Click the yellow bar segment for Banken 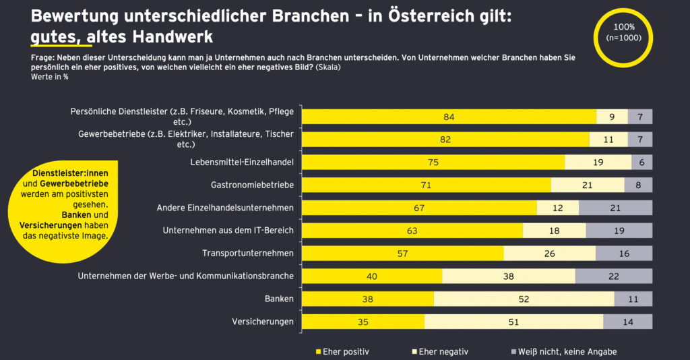(367, 299)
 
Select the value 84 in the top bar (449, 117)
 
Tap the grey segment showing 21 (615, 208)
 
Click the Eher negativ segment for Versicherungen (513, 322)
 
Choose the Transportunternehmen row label (248, 253)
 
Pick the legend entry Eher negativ (441, 351)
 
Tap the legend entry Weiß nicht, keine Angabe (563, 351)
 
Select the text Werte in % (49, 77)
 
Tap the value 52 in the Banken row (524, 299)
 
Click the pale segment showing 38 (508, 276)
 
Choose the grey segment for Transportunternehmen (623, 253)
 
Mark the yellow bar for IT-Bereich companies (412, 231)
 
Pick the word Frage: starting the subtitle (44, 58)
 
